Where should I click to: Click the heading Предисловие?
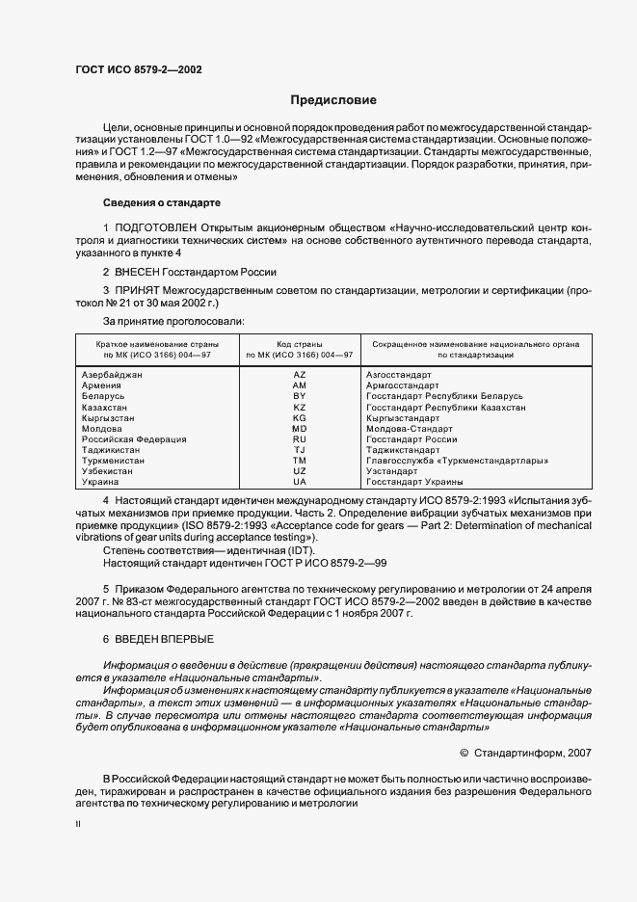click(333, 99)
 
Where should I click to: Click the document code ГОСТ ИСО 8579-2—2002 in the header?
click(138, 69)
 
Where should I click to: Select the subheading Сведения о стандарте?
click(162, 203)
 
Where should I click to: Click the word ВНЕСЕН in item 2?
click(142, 272)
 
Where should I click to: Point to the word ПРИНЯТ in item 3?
click(140, 290)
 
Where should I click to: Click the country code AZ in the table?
click(299, 374)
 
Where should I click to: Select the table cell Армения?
click(101, 385)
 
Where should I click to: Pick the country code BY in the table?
click(299, 396)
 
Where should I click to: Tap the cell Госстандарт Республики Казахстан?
click(446, 407)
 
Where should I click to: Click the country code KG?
click(299, 417)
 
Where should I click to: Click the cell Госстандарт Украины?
click(414, 482)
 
